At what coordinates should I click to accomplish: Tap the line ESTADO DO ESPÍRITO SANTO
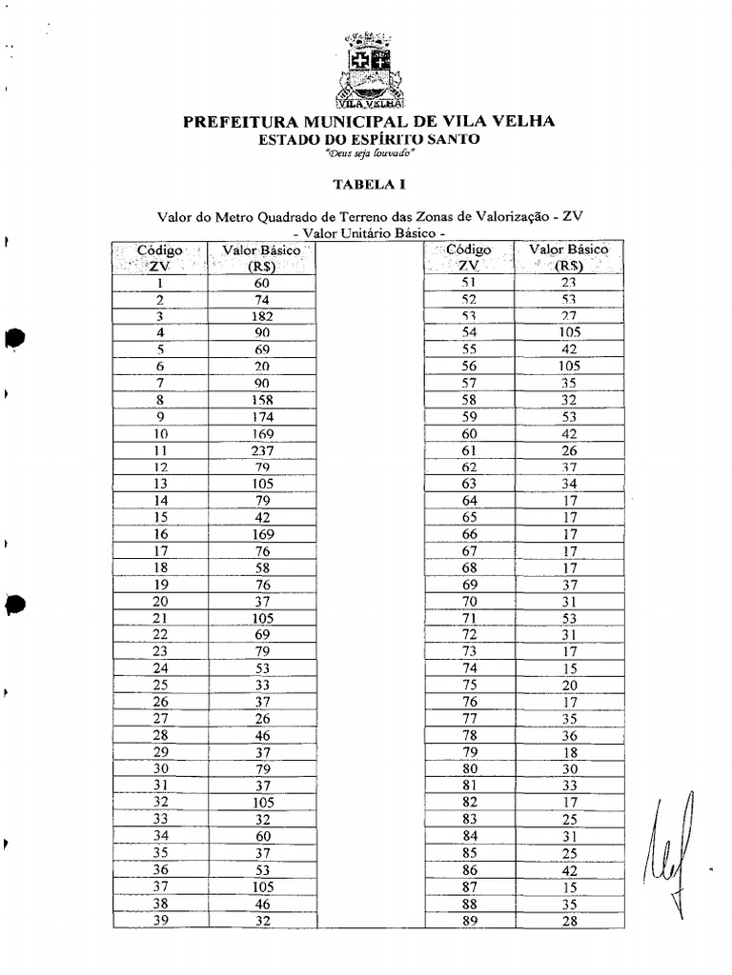click(x=370, y=139)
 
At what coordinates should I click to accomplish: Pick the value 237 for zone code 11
click(x=263, y=450)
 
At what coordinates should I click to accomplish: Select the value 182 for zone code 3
click(x=263, y=316)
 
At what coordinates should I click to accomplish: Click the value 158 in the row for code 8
click(x=263, y=400)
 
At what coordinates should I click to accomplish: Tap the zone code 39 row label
click(x=160, y=920)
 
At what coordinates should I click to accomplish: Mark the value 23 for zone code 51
click(x=570, y=283)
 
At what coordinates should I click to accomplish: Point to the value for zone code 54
click(x=570, y=332)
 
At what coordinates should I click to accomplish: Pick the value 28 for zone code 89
click(x=570, y=920)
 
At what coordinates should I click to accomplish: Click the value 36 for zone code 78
click(x=570, y=735)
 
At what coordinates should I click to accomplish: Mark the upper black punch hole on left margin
click(x=15, y=338)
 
